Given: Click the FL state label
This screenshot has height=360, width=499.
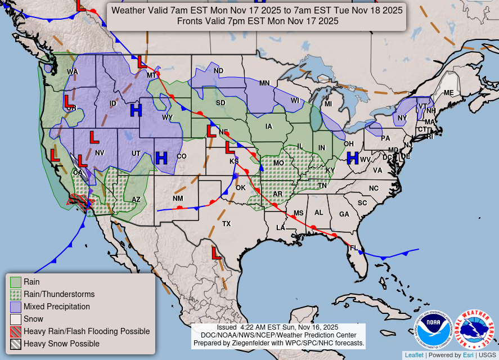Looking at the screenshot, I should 354,248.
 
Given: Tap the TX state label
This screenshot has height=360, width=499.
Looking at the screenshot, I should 226,224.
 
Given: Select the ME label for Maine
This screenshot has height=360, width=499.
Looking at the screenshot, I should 448,93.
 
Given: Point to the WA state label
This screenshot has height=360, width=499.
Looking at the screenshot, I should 73,71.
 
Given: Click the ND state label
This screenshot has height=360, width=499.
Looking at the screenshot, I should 218,71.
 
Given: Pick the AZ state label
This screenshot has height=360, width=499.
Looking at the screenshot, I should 136,199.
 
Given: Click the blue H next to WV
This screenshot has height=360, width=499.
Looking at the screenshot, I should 353,158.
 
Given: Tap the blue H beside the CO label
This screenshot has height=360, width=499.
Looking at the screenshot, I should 162,158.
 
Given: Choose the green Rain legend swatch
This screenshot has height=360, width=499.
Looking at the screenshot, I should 16,282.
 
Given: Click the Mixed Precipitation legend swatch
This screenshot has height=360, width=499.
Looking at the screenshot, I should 16,307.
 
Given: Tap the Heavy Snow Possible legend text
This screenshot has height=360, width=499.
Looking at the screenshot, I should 61,344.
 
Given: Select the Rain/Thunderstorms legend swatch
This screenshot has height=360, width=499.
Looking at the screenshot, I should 16,294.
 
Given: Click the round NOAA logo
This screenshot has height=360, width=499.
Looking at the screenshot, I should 434,330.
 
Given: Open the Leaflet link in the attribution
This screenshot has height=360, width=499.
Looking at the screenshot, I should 414,355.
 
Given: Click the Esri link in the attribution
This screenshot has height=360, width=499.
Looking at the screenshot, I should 468,355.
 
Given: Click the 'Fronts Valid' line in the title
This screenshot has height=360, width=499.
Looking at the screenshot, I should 257,21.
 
